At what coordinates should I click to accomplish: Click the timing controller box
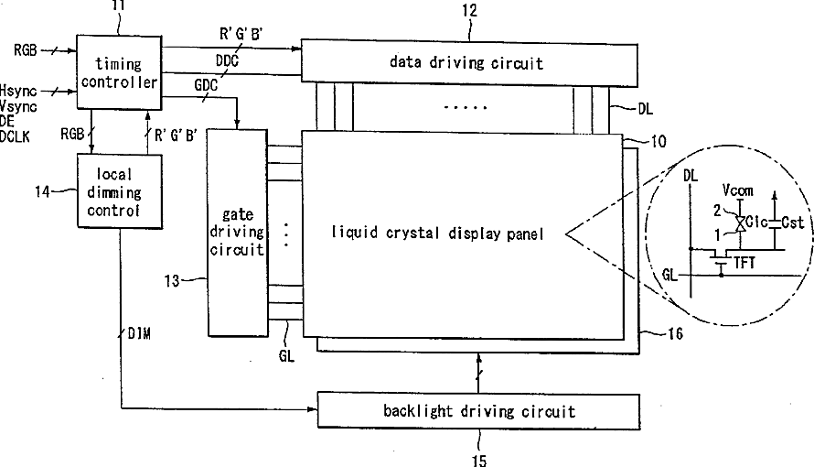tap(117, 74)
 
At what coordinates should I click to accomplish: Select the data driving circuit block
tap(466, 62)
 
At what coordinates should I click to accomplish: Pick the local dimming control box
tap(120, 191)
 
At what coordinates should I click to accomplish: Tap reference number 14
tap(42, 191)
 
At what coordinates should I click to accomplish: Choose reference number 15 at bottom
tap(478, 459)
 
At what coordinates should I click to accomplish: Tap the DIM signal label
tap(139, 332)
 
